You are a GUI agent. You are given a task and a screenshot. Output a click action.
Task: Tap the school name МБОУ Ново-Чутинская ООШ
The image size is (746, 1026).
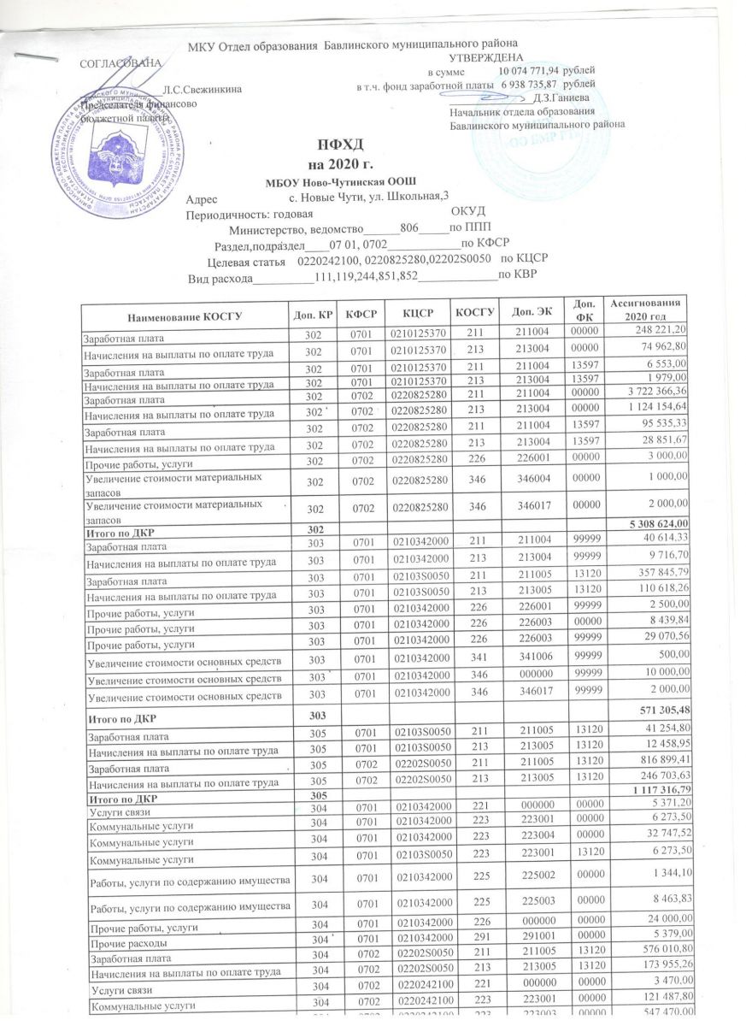[343, 182]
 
